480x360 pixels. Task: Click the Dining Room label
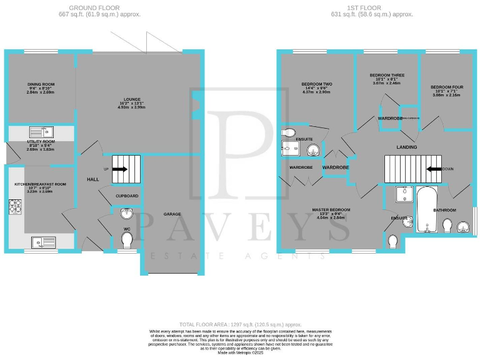[41, 84]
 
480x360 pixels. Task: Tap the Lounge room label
[131, 99]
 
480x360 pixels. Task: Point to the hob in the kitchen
[14, 206]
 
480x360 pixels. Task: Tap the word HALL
[93, 179]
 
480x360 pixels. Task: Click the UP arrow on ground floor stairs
[120, 169]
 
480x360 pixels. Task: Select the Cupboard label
[127, 196]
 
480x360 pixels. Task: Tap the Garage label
[172, 214]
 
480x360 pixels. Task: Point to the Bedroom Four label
[447, 87]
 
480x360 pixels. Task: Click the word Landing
[406, 147]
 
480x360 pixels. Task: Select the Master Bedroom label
[331, 210]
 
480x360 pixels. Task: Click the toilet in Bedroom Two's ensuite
[288, 132]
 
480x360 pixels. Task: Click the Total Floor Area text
[240, 324]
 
